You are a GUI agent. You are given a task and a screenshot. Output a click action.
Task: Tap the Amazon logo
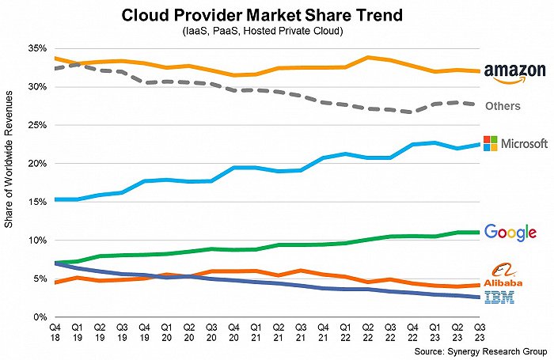click(x=515, y=74)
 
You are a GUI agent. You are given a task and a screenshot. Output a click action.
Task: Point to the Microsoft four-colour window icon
click(x=491, y=144)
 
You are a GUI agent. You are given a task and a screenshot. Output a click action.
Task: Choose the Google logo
click(x=510, y=232)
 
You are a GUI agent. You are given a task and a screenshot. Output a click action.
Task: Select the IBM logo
click(x=503, y=297)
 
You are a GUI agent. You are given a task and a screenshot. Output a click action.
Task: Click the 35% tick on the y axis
click(x=36, y=48)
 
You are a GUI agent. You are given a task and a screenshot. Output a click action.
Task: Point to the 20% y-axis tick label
click(x=36, y=164)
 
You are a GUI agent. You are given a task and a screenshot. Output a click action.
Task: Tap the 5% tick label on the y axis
click(x=39, y=279)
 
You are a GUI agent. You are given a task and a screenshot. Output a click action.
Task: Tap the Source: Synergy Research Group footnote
click(x=480, y=349)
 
